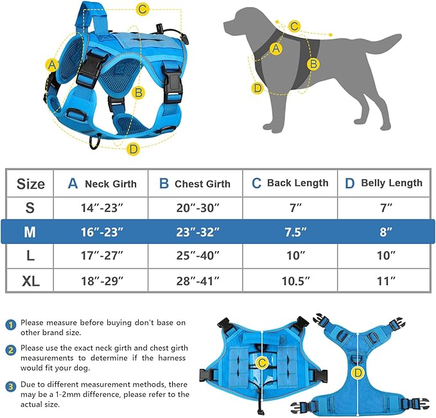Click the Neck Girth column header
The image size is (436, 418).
click(102, 184)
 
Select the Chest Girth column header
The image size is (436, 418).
click(195, 184)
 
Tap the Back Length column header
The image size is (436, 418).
click(290, 184)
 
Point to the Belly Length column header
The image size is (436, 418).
click(383, 184)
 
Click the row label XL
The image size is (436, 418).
click(30, 281)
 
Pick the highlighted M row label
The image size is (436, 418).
click(30, 232)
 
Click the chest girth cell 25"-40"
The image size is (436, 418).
click(195, 256)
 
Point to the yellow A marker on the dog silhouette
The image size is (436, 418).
click(277, 48)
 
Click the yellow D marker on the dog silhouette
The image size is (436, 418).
click(257, 88)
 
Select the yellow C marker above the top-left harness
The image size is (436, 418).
click(143, 9)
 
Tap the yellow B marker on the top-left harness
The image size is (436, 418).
click(137, 92)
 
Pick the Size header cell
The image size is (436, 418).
click(30, 184)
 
